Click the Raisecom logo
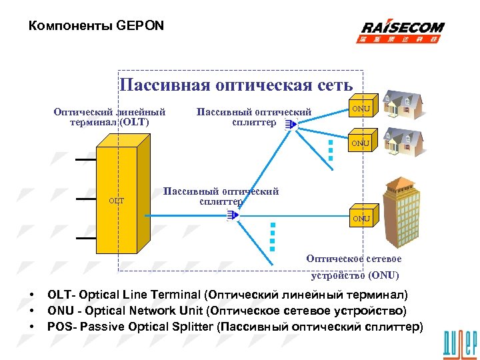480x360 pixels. click(x=403, y=31)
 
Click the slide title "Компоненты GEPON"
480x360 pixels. click(x=97, y=26)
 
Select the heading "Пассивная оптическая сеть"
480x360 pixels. click(x=236, y=85)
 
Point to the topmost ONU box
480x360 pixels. click(x=362, y=107)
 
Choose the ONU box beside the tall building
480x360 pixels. click(x=362, y=218)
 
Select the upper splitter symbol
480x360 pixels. click(x=288, y=125)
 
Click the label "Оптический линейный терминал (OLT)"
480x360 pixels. click(x=109, y=117)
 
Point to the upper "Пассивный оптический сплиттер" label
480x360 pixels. click(x=254, y=117)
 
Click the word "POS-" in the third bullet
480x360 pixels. click(x=61, y=327)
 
